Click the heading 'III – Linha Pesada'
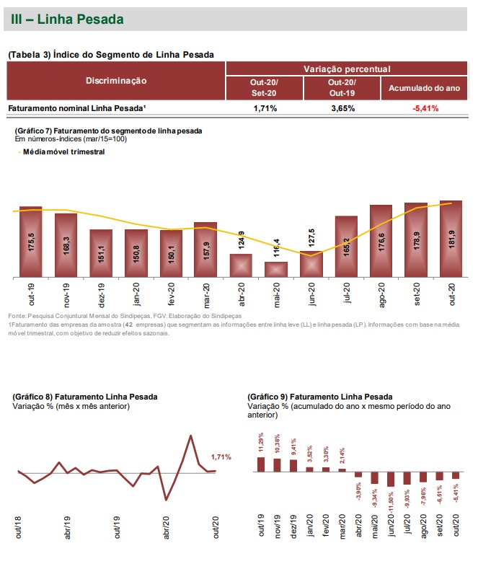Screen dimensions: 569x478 [x=67, y=19]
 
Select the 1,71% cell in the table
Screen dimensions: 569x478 [x=265, y=108]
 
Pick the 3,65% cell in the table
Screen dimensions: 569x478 [x=342, y=108]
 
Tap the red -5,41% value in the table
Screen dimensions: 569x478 [x=425, y=108]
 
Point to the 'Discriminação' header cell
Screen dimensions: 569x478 [x=116, y=81]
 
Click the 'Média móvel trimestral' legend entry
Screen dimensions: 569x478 [x=64, y=152]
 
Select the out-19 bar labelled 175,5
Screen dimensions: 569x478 [x=31, y=242]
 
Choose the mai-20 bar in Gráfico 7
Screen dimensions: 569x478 [x=276, y=269]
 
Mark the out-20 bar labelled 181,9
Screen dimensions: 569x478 [x=451, y=239]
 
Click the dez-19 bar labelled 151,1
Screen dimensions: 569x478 [x=101, y=253]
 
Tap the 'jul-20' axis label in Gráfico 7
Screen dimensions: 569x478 [x=347, y=296]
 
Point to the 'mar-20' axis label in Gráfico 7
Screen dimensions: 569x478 [x=206, y=296]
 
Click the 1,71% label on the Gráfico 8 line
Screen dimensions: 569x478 [x=221, y=457]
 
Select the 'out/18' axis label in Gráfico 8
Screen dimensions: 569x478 [x=18, y=526]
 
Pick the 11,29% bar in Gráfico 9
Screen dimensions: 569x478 [x=261, y=464]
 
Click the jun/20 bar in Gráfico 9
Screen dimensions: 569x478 [x=391, y=480]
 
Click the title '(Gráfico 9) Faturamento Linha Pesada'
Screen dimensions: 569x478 [x=319, y=397]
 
